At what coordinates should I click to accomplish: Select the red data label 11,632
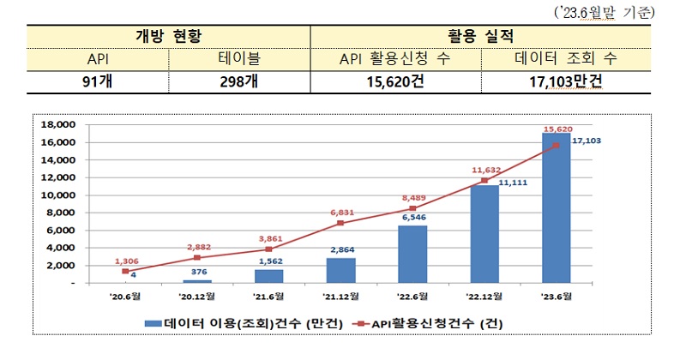(x=485, y=170)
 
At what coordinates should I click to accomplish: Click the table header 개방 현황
(x=168, y=37)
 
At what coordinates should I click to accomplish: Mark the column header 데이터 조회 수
(x=569, y=58)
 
